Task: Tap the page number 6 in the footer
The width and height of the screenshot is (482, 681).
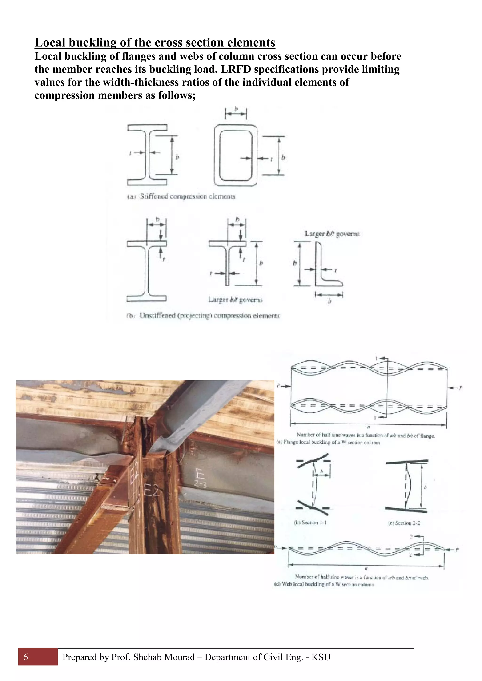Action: [25, 657]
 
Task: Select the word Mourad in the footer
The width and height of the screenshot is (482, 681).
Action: [179, 657]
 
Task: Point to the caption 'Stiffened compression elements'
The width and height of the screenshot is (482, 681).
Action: [187, 196]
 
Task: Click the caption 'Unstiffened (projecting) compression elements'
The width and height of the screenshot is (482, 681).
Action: [209, 316]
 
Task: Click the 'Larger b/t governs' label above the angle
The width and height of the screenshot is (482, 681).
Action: [332, 234]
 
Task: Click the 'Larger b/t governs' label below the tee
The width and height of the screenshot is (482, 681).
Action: [235, 300]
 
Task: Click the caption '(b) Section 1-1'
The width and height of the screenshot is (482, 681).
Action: [310, 523]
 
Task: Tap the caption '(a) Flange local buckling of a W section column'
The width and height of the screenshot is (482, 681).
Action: [328, 442]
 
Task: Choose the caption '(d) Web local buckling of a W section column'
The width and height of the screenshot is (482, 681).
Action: [324, 584]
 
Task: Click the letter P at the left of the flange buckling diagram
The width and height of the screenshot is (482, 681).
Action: [278, 386]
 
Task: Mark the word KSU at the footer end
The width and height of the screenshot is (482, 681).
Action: [321, 657]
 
